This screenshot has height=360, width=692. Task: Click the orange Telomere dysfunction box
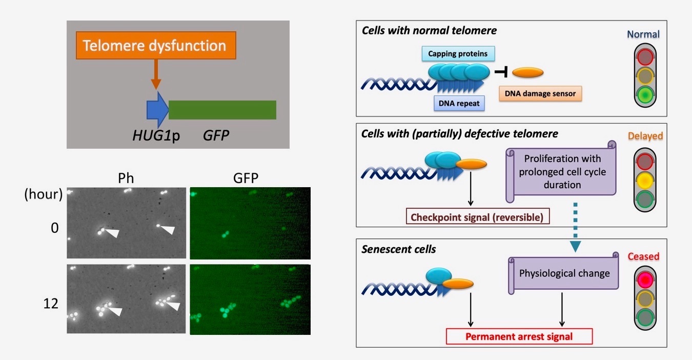click(x=156, y=46)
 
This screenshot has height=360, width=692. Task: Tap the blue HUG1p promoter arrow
click(x=157, y=110)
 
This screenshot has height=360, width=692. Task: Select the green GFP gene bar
click(x=222, y=110)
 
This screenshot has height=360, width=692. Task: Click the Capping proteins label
click(x=458, y=54)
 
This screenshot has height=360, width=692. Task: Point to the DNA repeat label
click(x=459, y=103)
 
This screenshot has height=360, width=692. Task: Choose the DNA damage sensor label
click(x=540, y=94)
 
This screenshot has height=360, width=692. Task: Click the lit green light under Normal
click(x=645, y=94)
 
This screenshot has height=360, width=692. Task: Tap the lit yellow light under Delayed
click(x=645, y=180)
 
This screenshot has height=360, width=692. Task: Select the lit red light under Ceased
click(x=645, y=279)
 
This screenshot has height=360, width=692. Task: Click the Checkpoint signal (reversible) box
click(x=477, y=217)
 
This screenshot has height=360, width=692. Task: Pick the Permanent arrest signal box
click(x=519, y=336)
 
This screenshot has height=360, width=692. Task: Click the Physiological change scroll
click(x=563, y=273)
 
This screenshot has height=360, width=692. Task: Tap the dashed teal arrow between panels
click(x=575, y=227)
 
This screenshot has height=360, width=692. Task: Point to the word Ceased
click(x=643, y=256)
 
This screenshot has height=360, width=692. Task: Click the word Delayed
click(x=645, y=136)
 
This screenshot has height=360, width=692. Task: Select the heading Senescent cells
click(x=398, y=249)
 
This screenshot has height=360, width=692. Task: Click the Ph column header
click(x=126, y=178)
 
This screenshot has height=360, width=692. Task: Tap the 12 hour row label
click(x=51, y=304)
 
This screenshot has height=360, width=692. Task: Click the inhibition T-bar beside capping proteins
click(x=501, y=72)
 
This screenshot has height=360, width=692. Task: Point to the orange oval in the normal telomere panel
click(x=527, y=73)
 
